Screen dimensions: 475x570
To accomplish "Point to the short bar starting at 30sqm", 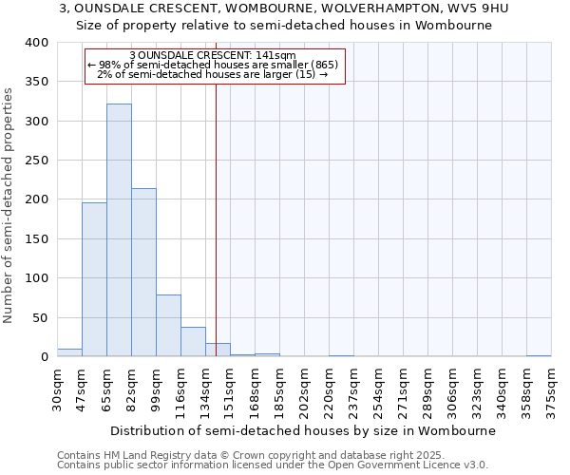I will tap(69, 352).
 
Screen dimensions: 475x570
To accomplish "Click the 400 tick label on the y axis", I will tap(36, 43).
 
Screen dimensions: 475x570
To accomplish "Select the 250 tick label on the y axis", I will tap(36, 161).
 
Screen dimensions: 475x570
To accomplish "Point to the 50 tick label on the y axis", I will tap(40, 317).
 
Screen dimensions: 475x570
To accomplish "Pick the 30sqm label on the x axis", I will tap(58, 388).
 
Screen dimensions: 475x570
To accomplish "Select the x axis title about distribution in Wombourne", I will tap(303, 430).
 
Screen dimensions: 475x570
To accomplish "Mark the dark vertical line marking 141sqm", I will tap(217, 218).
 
